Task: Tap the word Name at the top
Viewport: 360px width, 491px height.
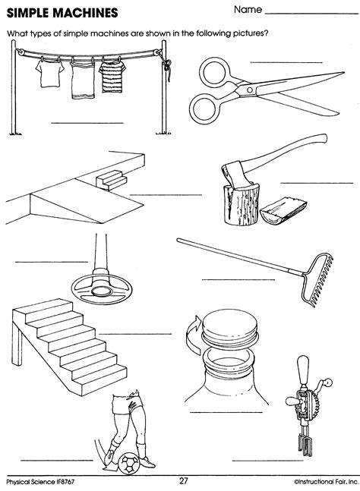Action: (x=248, y=11)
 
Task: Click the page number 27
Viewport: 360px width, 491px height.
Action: (x=183, y=480)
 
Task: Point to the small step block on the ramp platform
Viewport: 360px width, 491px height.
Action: (x=111, y=180)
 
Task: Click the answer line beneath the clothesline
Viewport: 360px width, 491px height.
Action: (x=86, y=121)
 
